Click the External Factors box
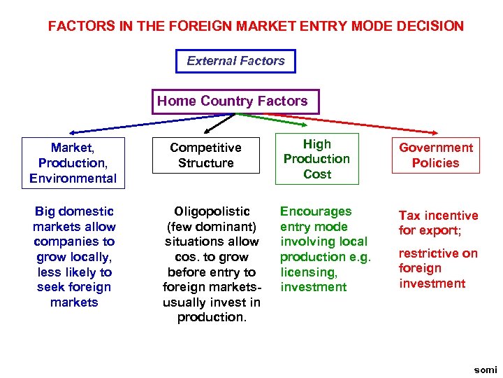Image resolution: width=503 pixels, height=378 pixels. [x=235, y=61]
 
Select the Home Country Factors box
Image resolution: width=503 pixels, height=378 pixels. [x=232, y=101]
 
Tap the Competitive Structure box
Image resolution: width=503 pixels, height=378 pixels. [x=205, y=155]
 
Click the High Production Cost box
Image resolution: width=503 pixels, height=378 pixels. [x=316, y=159]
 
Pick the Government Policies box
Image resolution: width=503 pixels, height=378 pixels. [x=435, y=155]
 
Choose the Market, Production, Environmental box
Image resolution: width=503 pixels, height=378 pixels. [x=73, y=163]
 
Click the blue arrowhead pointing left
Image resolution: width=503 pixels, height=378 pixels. [x=71, y=132]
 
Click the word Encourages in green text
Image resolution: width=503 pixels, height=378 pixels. [x=316, y=211]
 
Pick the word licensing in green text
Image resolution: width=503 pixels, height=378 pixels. [x=308, y=272]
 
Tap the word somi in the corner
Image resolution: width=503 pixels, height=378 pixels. [x=485, y=370]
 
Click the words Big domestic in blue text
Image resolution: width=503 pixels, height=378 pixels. [x=73, y=211]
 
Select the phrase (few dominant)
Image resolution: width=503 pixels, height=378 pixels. [x=211, y=227]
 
